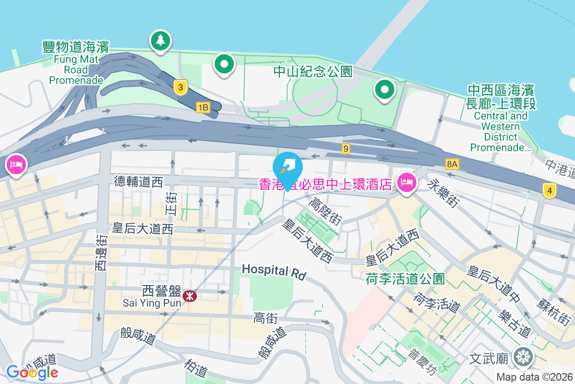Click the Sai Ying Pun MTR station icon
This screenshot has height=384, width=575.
(x=189, y=296)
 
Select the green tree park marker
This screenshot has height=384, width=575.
(x=160, y=41)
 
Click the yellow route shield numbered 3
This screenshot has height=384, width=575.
(x=180, y=87)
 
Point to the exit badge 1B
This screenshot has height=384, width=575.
(x=203, y=108)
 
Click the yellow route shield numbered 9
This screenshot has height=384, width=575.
(x=345, y=149)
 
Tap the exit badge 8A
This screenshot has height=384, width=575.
(x=452, y=165)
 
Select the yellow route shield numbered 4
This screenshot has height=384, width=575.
(x=550, y=191)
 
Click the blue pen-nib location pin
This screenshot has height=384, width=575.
(x=287, y=167)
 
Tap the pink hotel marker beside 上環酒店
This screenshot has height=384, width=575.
(x=406, y=182)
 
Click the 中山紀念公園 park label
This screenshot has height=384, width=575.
(x=313, y=72)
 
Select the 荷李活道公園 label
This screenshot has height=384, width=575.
(x=405, y=278)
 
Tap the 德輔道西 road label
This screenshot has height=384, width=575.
(x=138, y=181)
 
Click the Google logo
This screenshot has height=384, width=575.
(x=32, y=372)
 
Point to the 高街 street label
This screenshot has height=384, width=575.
(x=265, y=318)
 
